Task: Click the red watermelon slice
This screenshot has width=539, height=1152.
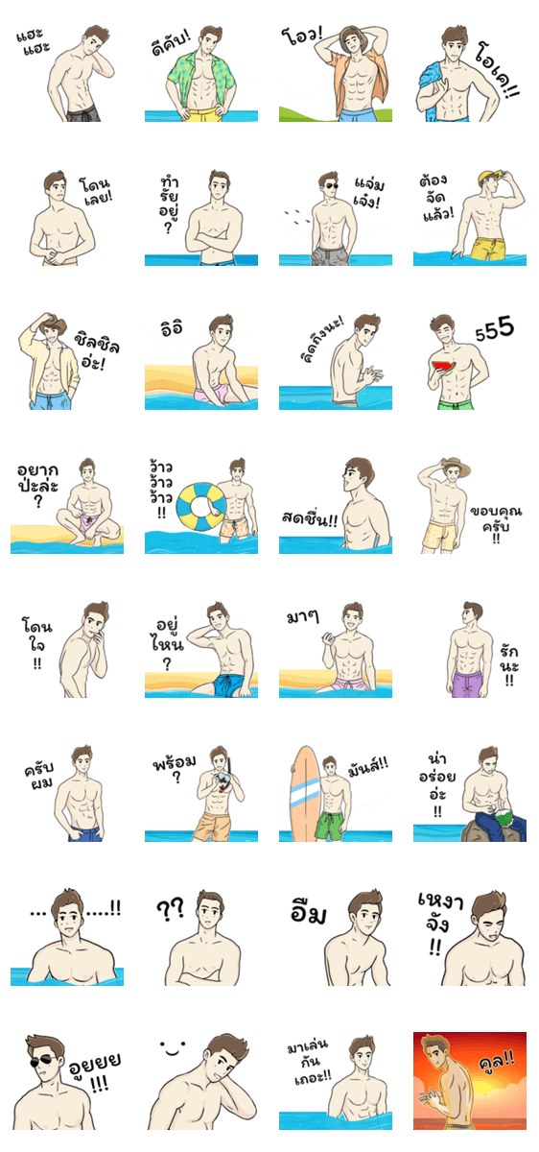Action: pyautogui.click(x=445, y=366)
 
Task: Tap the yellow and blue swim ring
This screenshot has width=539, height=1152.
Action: pyautogui.click(x=200, y=507)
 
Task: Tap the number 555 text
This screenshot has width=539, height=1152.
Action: pyautogui.click(x=494, y=328)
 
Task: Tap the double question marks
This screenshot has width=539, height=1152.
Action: pyautogui.click(x=170, y=909)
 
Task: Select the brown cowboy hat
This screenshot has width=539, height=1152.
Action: pyautogui.click(x=49, y=323)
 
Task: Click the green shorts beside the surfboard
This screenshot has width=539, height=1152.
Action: pyautogui.click(x=329, y=826)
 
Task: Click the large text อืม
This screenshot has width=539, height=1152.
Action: pyautogui.click(x=308, y=912)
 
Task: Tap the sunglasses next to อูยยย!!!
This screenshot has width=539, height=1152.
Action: pyautogui.click(x=43, y=1061)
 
